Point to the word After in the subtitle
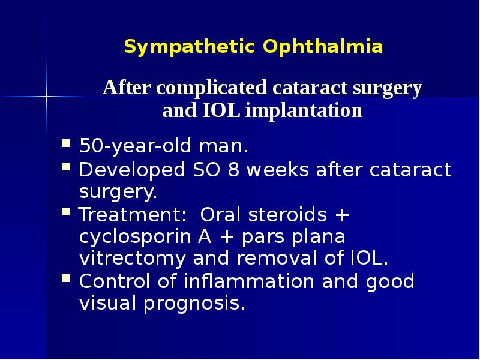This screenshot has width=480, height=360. [x=125, y=88]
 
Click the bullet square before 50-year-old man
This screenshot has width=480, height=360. [x=66, y=145]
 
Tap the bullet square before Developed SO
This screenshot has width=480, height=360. [x=66, y=170]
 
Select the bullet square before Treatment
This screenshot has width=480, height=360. [x=66, y=213]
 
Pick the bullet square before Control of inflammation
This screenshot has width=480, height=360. [x=66, y=280]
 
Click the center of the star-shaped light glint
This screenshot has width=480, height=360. [x=46, y=95]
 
